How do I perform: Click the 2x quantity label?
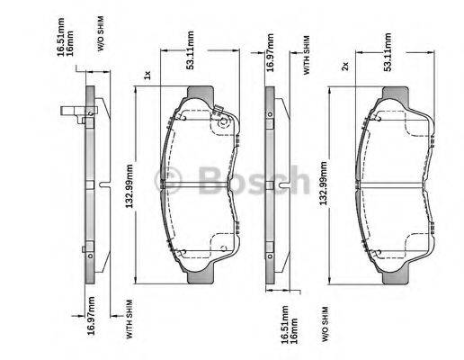point(345,67)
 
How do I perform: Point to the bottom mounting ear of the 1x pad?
point(200,275)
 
